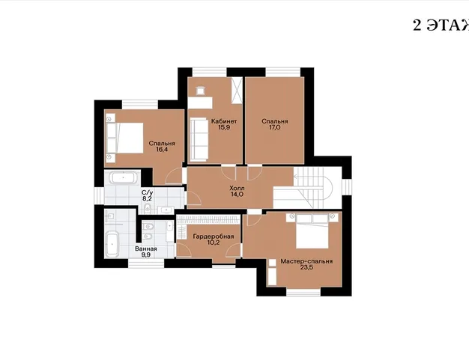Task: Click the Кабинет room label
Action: [224, 121]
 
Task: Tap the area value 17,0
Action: [275, 127]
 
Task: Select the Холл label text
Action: [237, 188]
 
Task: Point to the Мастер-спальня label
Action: [306, 261]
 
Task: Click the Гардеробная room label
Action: [214, 237]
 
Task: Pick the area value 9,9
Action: [146, 254]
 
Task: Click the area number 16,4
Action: [162, 150]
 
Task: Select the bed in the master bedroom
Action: [312, 231]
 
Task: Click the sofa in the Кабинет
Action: [199, 139]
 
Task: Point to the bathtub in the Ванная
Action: [112, 245]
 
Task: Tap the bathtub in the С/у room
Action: [123, 178]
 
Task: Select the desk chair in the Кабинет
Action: [199, 90]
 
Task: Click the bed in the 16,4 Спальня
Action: [124, 138]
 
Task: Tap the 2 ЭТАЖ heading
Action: [441, 25]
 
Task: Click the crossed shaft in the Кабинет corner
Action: [236, 91]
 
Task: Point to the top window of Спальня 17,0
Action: [283, 72]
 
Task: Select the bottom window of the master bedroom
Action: [303, 292]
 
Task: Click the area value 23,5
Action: [306, 267]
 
